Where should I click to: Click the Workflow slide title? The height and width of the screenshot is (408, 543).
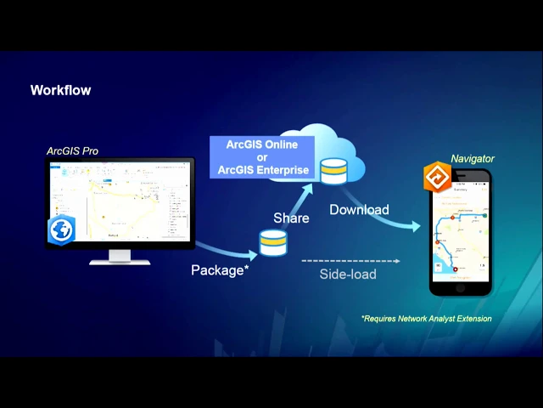(x=60, y=90)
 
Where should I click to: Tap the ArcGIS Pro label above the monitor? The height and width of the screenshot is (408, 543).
(x=72, y=151)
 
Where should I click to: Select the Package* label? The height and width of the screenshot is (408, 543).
(x=219, y=270)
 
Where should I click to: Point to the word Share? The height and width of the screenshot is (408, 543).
(x=291, y=218)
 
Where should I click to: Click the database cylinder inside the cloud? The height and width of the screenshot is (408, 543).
(x=333, y=170)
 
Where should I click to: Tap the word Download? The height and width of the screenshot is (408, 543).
(x=359, y=210)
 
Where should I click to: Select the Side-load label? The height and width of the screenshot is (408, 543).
(x=348, y=275)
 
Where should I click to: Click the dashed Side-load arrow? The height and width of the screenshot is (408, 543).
(x=350, y=260)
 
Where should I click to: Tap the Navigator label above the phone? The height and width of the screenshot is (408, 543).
(x=472, y=159)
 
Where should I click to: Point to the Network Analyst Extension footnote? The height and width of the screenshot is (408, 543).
(x=426, y=319)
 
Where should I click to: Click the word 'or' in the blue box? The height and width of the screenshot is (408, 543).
(x=261, y=157)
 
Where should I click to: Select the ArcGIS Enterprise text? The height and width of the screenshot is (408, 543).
(x=263, y=170)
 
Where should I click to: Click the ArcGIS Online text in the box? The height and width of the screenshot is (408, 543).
(x=261, y=144)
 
